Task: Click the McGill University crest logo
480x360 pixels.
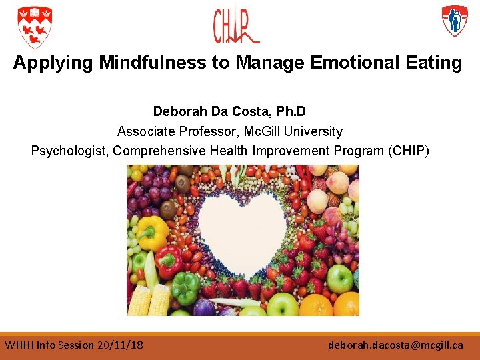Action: coord(35,27)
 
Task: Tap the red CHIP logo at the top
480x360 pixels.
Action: coord(235,26)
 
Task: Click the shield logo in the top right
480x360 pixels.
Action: coord(455,21)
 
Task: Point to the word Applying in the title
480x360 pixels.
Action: coord(54,63)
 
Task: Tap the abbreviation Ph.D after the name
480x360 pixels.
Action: coord(289,111)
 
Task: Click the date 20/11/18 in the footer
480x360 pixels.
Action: coord(120,345)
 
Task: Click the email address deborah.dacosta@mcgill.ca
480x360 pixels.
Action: coord(395,345)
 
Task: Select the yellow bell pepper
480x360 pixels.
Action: coord(153,231)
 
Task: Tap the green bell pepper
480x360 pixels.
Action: coord(185,287)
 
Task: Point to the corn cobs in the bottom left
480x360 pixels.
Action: coord(149,300)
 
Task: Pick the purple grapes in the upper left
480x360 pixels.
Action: coord(150,193)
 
